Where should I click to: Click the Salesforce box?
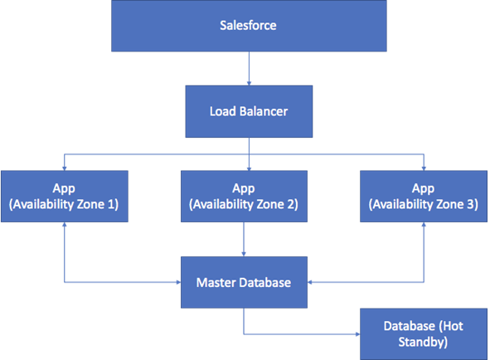[x=248, y=26]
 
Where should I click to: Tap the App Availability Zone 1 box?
[x=64, y=196]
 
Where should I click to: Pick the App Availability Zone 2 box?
[x=243, y=196]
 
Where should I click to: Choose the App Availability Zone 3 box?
[x=424, y=196]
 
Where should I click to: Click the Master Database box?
[x=243, y=283]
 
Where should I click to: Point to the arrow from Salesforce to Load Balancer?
[x=248, y=66]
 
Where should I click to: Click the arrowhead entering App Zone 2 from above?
[x=248, y=166]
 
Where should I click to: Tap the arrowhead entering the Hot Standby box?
[x=357, y=335]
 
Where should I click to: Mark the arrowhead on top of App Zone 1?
[x=64, y=166]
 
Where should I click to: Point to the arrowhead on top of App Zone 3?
[x=424, y=166]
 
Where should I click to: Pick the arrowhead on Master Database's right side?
[x=311, y=283]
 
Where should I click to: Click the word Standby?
[x=423, y=340]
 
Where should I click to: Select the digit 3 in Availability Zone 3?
[x=472, y=204]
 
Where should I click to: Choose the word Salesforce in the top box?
[x=248, y=26]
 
